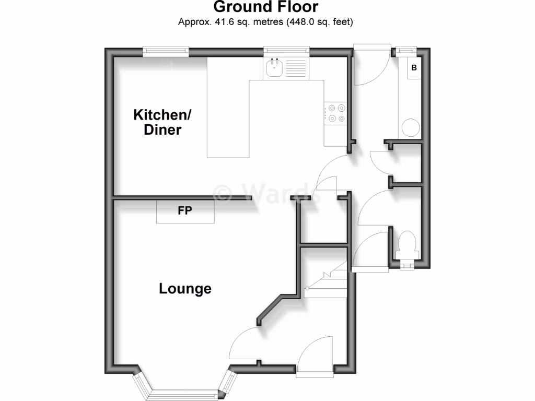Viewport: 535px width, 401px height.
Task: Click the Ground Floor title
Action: (x=266, y=7)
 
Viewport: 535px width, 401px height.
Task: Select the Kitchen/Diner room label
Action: (x=157, y=122)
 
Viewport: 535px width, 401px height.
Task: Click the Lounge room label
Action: (x=185, y=288)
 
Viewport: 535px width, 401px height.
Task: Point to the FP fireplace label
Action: (x=185, y=211)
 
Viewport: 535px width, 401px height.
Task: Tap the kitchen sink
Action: (x=274, y=68)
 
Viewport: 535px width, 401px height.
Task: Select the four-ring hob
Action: (x=334, y=113)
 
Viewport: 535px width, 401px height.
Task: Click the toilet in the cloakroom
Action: (x=406, y=244)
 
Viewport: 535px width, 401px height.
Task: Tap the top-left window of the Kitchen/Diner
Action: (x=166, y=51)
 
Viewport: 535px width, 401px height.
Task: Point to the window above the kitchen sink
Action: (x=286, y=51)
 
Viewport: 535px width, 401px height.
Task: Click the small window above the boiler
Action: (x=403, y=51)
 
